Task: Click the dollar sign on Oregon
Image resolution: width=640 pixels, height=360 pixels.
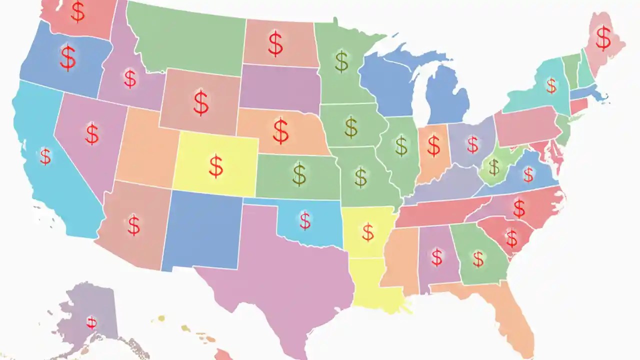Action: coord(68,57)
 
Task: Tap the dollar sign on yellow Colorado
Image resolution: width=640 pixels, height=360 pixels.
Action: coord(216,166)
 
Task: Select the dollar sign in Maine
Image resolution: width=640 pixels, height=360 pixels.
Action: coord(603,38)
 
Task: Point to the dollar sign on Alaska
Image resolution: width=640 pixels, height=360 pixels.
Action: coord(91,322)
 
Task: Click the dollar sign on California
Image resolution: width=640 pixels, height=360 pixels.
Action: coord(45,156)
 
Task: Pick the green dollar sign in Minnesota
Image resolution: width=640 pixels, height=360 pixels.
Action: coord(341,61)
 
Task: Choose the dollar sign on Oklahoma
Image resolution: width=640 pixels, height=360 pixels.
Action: coord(305,220)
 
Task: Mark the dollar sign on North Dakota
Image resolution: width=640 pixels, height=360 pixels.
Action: coord(275,43)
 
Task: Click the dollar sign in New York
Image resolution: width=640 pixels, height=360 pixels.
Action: coord(551,85)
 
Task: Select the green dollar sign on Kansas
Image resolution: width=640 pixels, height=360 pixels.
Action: coord(299,174)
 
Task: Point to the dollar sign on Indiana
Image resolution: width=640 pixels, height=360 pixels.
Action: coord(433,145)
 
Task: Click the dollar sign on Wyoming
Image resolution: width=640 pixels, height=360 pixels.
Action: coord(201,102)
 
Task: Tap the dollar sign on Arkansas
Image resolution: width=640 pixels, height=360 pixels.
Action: coord(367,232)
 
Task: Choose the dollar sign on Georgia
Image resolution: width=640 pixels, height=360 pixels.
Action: coord(478,258)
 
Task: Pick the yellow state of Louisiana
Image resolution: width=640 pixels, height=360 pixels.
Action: coord(372,285)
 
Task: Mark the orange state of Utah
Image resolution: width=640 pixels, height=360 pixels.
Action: coord(145,150)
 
